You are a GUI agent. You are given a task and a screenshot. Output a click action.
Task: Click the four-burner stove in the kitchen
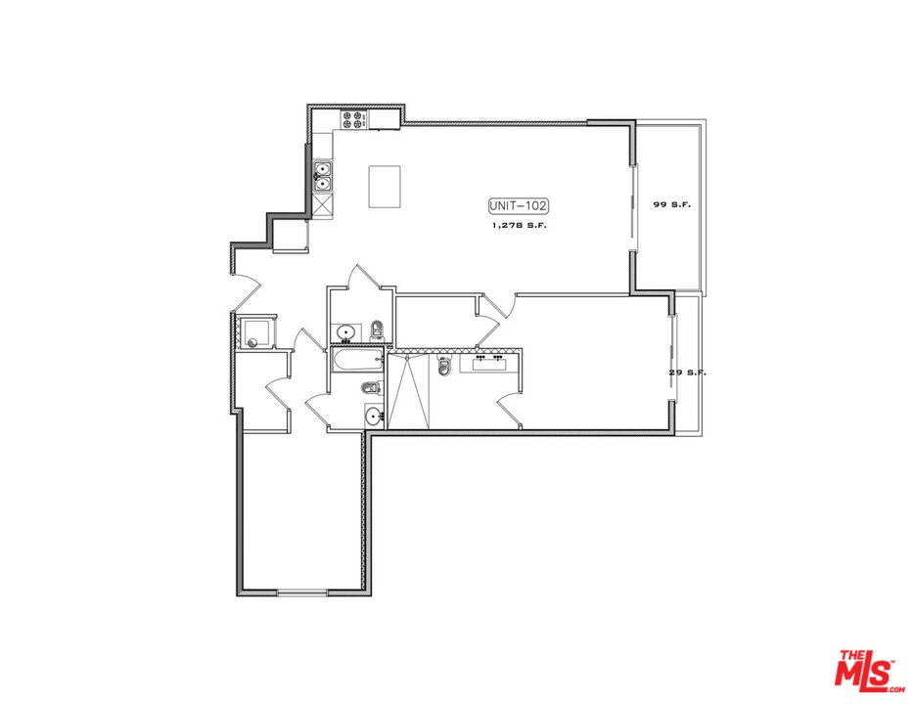click(353, 120)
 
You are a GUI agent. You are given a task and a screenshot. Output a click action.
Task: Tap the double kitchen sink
click(323, 176)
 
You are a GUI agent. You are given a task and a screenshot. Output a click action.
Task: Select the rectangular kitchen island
click(385, 186)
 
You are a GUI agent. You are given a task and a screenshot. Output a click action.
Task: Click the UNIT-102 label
click(519, 205)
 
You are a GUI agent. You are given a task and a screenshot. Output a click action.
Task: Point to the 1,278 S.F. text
click(519, 226)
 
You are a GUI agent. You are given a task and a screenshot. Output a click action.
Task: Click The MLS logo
click(866, 671)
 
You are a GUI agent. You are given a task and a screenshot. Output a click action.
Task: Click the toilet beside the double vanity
click(444, 366)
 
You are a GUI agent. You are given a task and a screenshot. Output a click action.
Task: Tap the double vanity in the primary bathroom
click(490, 362)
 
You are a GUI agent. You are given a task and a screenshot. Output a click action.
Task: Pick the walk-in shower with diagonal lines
click(409, 391)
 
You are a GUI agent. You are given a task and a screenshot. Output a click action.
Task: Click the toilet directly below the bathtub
click(371, 388)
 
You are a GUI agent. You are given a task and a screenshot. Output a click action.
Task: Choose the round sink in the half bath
click(344, 332)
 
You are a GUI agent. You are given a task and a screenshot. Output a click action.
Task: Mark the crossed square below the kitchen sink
click(323, 205)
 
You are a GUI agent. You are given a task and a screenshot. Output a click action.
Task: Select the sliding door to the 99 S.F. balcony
click(637, 210)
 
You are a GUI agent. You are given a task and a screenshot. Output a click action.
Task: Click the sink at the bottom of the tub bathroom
click(373, 418)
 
